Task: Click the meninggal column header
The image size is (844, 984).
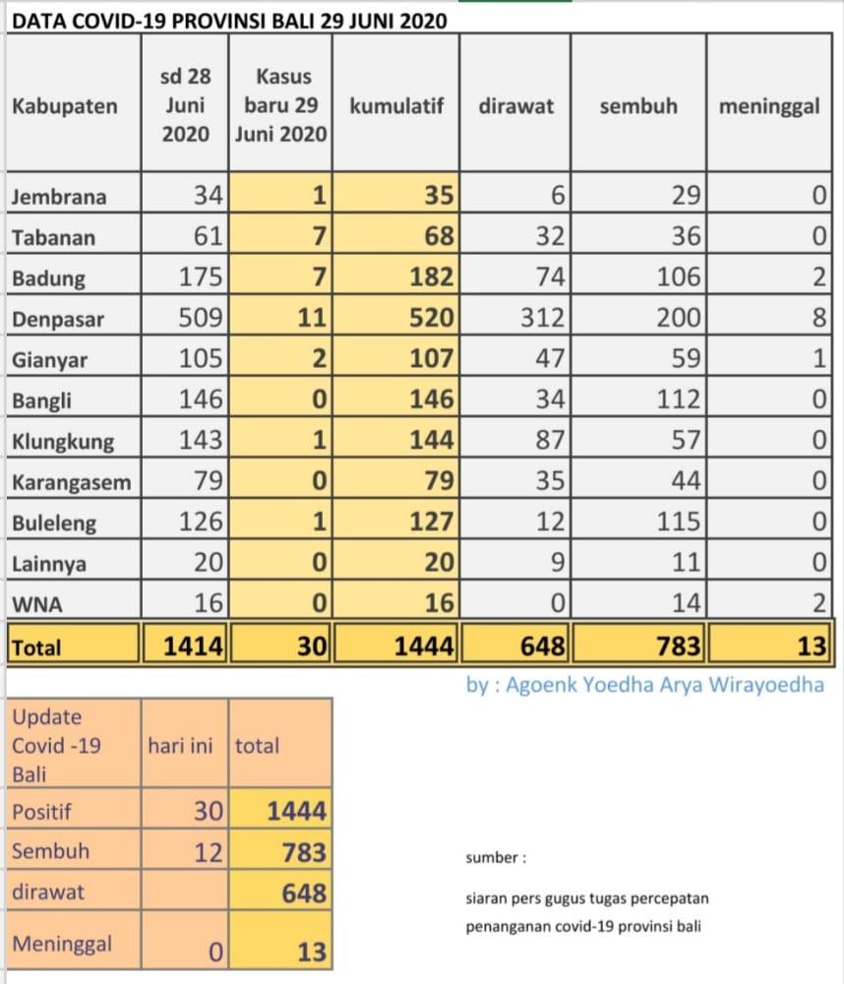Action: click(x=769, y=106)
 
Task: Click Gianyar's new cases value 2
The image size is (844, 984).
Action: click(x=317, y=359)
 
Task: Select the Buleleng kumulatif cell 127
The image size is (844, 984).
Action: click(x=434, y=523)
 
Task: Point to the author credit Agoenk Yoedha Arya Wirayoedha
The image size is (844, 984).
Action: click(x=644, y=685)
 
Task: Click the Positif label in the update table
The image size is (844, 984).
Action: click(x=43, y=812)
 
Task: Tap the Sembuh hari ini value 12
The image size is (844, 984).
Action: click(x=209, y=852)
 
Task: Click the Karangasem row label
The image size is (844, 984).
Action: click(x=71, y=482)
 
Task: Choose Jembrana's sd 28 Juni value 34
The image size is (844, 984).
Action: click(x=209, y=196)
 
